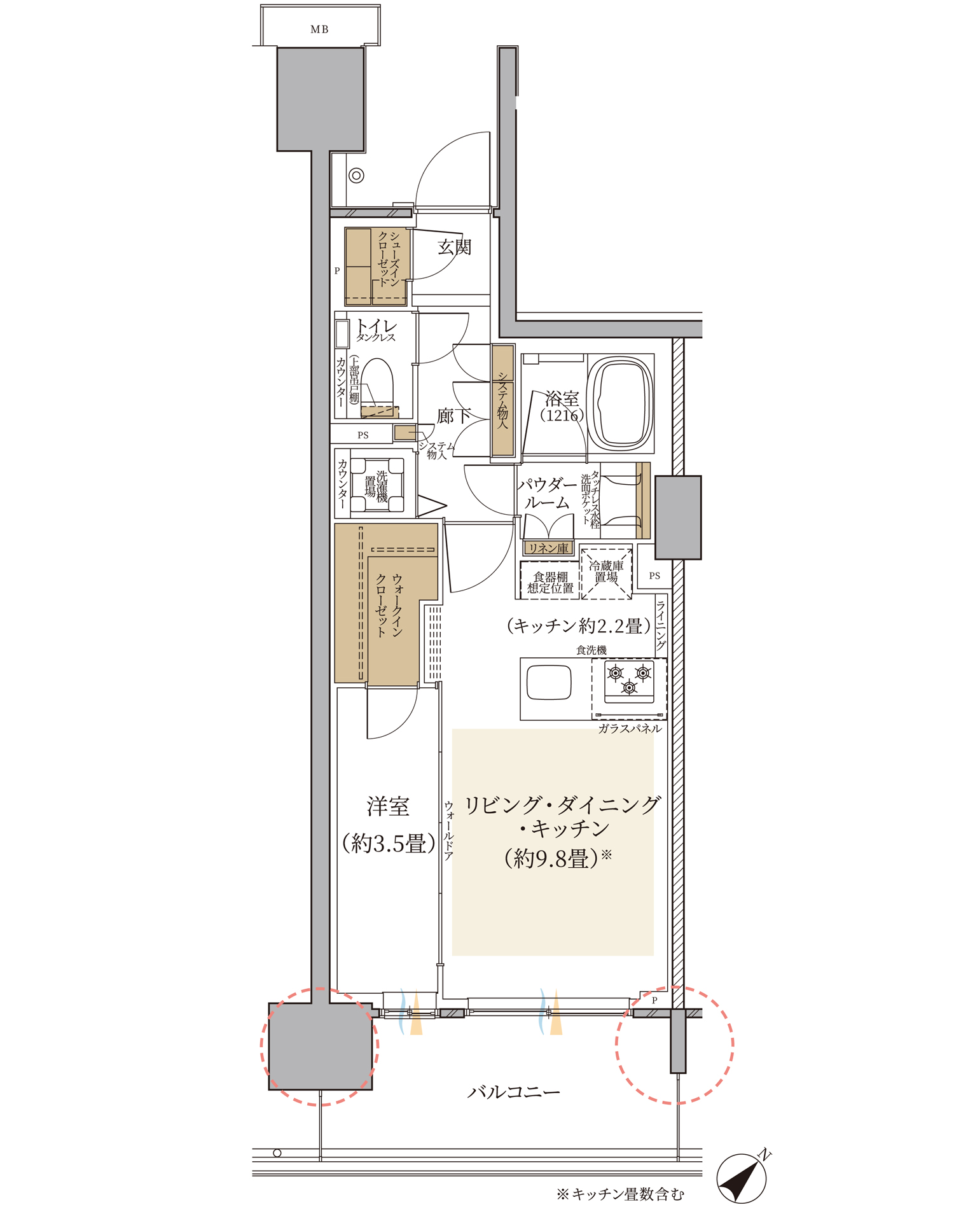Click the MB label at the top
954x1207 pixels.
click(x=319, y=29)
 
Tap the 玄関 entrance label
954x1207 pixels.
click(x=455, y=246)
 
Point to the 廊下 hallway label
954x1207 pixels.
click(x=453, y=416)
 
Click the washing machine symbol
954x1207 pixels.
click(x=378, y=485)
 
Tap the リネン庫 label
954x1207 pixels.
click(x=548, y=548)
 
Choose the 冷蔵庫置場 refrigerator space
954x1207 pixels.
click(x=606, y=573)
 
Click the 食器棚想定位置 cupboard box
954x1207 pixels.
click(x=550, y=581)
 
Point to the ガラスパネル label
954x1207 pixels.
click(x=630, y=729)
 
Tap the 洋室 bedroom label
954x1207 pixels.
click(x=388, y=807)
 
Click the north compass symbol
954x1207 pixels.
click(x=742, y=1177)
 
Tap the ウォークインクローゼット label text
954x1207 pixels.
click(x=389, y=605)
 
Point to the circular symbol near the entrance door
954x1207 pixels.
click(x=356, y=175)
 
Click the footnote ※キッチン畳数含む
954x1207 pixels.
click(x=620, y=1194)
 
